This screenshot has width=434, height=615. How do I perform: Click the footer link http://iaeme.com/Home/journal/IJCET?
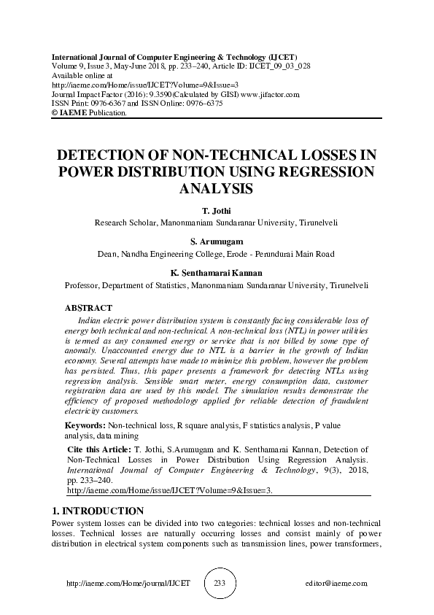click(x=128, y=584)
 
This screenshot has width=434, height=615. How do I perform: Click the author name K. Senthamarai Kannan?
click(x=216, y=273)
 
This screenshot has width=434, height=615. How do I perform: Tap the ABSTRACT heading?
click(x=88, y=308)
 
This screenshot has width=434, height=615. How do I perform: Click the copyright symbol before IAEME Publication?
click(x=55, y=113)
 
